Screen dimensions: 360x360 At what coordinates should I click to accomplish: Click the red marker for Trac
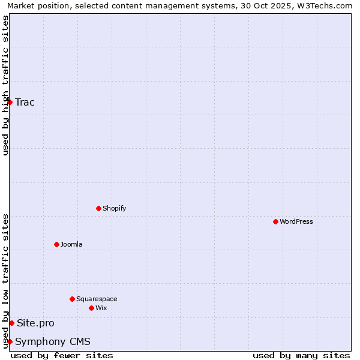(10, 102)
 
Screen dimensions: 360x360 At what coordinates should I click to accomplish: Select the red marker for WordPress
(275, 221)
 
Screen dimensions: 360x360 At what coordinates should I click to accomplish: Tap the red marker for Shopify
(98, 208)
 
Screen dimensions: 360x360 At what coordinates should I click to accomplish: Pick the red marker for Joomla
(56, 244)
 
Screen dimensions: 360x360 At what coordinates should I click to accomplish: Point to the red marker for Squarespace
(72, 299)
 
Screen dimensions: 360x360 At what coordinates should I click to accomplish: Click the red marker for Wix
(91, 308)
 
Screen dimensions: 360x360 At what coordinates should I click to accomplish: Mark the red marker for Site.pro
(11, 323)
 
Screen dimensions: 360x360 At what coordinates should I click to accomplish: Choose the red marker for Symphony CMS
(10, 341)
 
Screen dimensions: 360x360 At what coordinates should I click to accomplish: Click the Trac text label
(25, 102)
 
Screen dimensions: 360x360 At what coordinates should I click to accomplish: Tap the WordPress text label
(296, 221)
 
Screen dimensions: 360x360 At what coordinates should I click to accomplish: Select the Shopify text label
(114, 208)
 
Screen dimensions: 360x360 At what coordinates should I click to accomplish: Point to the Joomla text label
(71, 244)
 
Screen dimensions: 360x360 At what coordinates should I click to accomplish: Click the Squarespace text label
(97, 299)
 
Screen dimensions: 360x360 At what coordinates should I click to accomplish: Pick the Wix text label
(101, 308)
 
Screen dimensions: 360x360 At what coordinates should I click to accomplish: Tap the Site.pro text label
(35, 323)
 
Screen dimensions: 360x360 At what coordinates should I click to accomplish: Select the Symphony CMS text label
(53, 341)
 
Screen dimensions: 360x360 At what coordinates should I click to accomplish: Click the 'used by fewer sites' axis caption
(62, 355)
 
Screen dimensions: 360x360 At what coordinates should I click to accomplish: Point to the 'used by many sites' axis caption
(301, 355)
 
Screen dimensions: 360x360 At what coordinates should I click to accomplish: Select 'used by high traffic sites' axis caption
(5, 85)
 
